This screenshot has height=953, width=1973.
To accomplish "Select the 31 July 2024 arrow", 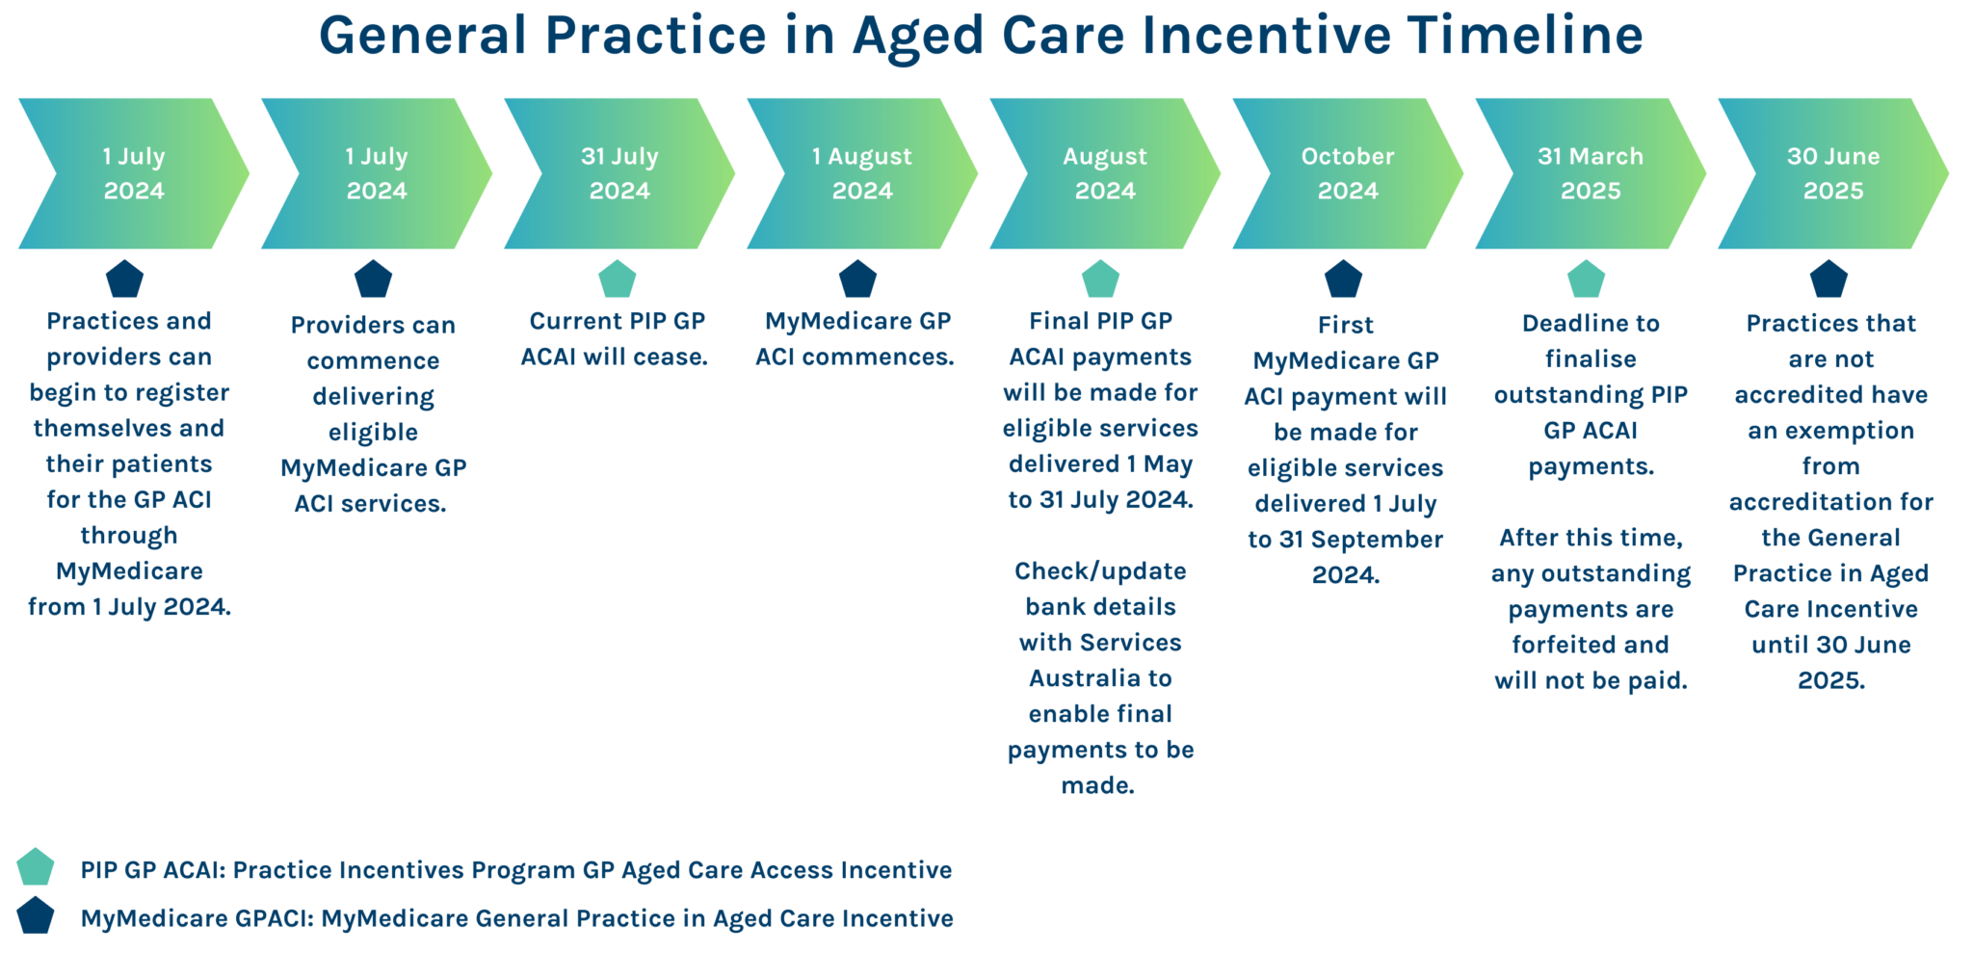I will [619, 173].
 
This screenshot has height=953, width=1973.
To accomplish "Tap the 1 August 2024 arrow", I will [862, 173].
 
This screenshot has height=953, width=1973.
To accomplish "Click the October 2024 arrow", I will [1348, 173].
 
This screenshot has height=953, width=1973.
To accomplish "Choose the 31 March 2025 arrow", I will [1591, 173].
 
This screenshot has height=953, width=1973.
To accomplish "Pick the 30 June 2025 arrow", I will [1833, 173].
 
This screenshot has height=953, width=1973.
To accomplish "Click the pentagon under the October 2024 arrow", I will [1343, 279].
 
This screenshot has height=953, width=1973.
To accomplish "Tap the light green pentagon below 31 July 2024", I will [617, 279].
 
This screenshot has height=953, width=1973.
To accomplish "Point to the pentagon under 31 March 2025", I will [1586, 279].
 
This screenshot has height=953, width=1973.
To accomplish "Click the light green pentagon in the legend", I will [36, 867].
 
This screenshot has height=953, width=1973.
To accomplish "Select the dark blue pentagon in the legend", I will [36, 916].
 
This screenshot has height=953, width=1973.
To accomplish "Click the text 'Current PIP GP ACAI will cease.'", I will [616, 339].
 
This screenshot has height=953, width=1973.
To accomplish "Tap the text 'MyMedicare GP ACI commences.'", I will [856, 339].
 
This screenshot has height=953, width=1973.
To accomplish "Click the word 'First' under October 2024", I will [1346, 326].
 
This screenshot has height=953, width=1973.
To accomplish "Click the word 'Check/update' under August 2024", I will [1100, 571].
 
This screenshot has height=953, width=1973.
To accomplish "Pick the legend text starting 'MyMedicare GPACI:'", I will [516, 918].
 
